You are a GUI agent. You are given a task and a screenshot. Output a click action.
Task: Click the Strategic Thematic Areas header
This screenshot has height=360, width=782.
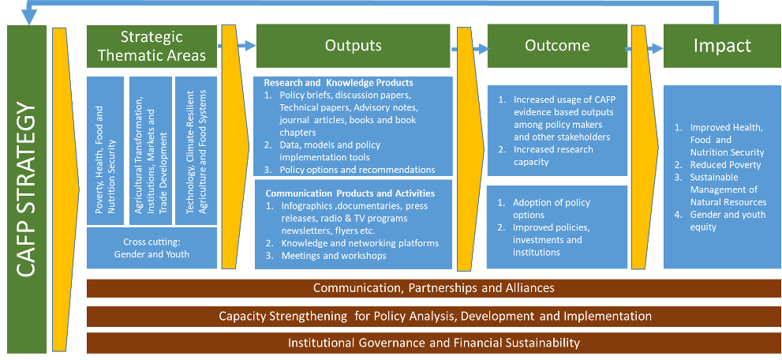[x=152, y=47]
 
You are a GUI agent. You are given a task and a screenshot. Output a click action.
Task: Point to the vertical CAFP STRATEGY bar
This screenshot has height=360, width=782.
[x=27, y=189]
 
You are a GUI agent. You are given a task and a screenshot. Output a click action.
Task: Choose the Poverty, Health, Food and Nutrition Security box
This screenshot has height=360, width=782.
[x=105, y=151]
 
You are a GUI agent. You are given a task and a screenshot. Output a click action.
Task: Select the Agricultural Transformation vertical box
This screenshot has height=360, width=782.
[x=151, y=151]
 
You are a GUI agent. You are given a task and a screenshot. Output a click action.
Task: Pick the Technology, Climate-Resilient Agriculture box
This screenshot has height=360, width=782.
[x=196, y=151]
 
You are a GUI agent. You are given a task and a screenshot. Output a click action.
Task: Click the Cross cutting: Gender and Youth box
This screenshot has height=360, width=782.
[x=152, y=248]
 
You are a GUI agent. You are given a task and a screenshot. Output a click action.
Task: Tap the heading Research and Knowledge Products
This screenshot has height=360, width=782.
[x=339, y=83]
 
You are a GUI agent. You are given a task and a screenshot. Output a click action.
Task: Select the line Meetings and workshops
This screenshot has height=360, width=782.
[x=334, y=256]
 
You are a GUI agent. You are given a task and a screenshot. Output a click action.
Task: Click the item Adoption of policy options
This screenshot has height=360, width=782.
[x=544, y=209]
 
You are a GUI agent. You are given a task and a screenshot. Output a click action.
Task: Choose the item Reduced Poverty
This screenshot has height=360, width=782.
[x=719, y=165]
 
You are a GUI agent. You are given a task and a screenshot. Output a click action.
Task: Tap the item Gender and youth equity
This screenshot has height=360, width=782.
[x=720, y=221]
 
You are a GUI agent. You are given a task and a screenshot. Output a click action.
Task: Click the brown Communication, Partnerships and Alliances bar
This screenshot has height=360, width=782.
[x=434, y=288]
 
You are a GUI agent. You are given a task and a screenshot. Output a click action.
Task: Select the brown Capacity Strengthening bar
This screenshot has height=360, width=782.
[x=434, y=316]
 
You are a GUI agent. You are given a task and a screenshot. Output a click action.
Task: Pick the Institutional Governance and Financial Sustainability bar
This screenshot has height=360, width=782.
[x=434, y=343]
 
